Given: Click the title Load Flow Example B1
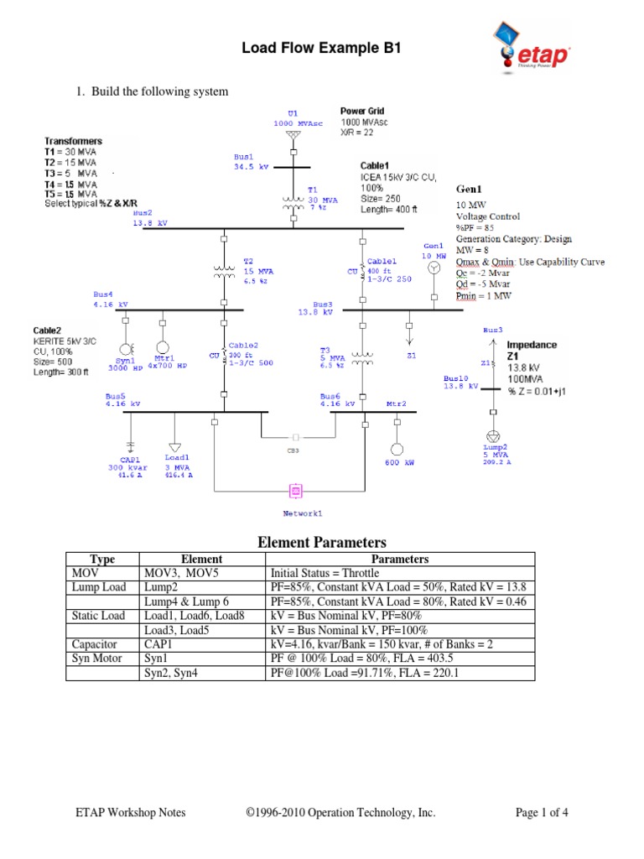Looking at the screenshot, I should pos(321,49).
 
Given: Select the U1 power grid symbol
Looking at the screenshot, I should pos(292,134).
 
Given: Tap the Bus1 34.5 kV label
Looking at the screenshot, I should pos(249,161).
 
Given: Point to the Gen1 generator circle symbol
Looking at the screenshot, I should pos(433,268).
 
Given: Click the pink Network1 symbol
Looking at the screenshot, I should pos(295,491).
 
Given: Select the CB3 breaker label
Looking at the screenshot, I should pos(293,450).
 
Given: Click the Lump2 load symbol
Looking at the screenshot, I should pos(493,436).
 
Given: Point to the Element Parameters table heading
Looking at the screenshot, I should pos(321,543).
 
